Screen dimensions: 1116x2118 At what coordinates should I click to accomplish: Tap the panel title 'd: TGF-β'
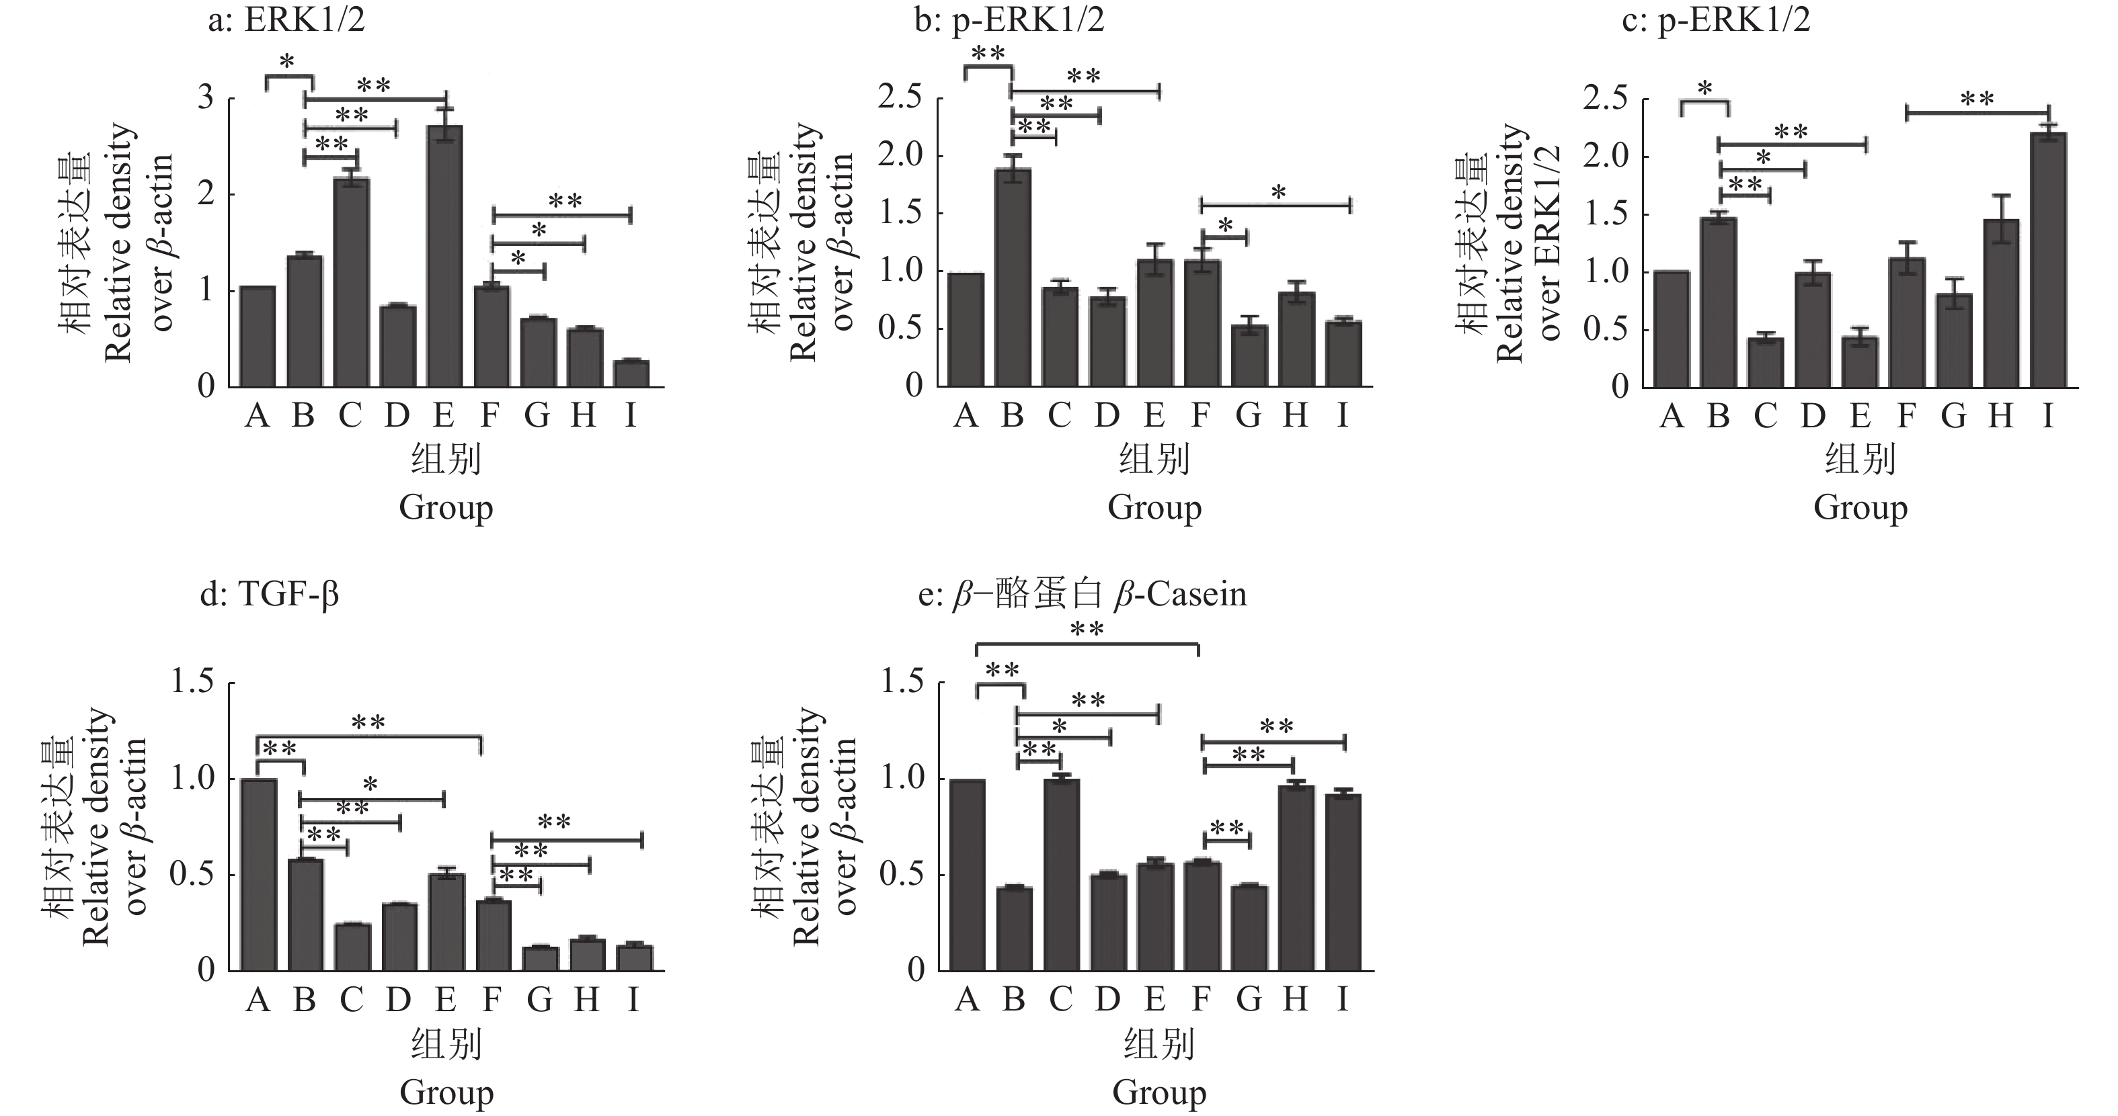click(270, 593)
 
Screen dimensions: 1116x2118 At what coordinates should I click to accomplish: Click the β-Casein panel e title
click(1082, 593)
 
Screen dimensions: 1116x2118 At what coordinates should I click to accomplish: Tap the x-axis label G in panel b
click(1248, 416)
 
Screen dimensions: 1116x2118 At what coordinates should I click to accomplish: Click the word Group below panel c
click(1860, 507)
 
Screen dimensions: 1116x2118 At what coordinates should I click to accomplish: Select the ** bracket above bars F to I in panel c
click(1977, 112)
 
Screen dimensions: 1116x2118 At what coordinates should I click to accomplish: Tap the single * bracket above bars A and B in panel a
click(288, 77)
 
